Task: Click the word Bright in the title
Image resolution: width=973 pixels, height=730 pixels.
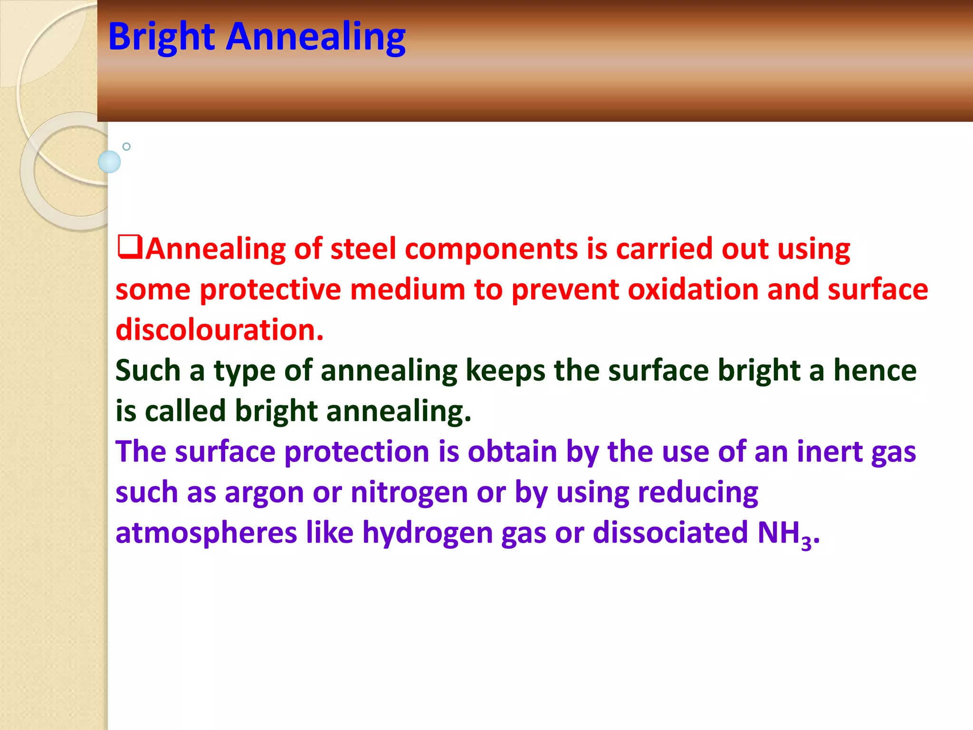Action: pos(162,37)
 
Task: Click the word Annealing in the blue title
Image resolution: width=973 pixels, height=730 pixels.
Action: pos(315,37)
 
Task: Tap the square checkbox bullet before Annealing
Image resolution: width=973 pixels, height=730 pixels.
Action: pos(130,247)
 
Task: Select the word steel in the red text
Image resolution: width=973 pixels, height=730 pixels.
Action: pos(363,249)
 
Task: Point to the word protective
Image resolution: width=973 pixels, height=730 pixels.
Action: pos(270,289)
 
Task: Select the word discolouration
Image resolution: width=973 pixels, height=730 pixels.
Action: pos(219,330)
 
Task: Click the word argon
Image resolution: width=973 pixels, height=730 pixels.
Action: pos(264,492)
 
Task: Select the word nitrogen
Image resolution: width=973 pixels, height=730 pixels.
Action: pos(409,492)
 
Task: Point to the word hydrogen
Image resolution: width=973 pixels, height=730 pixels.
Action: pos(428,533)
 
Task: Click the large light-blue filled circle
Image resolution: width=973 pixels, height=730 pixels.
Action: pos(109,162)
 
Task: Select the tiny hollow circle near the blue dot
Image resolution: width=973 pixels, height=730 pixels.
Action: pos(126,146)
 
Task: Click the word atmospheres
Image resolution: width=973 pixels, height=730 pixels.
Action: pos(206,533)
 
